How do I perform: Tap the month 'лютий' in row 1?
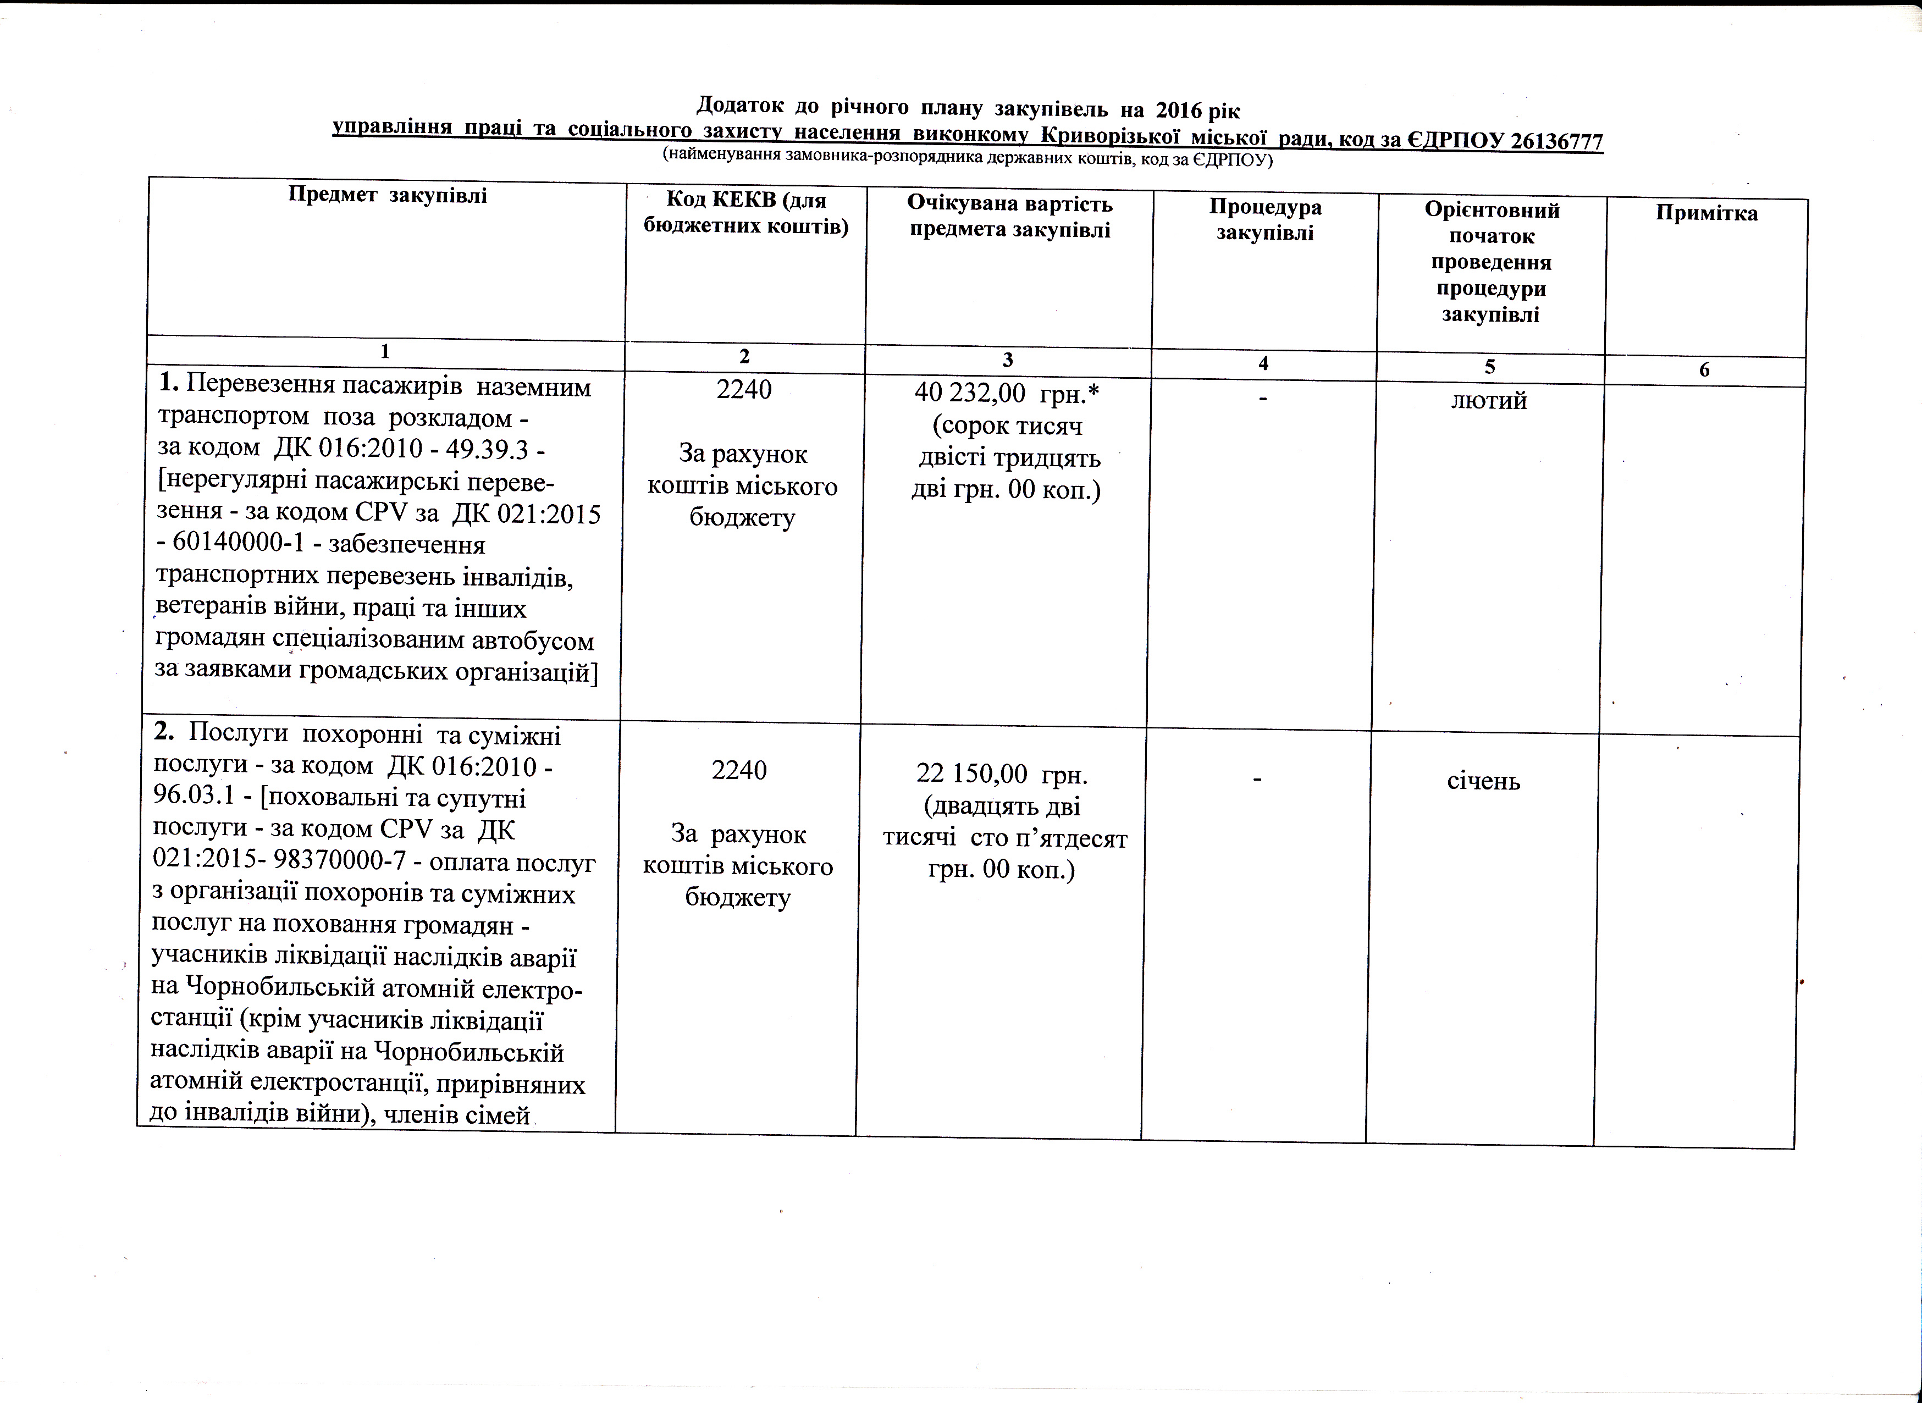1489,401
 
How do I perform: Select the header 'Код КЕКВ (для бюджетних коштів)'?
745,212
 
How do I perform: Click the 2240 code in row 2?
739,770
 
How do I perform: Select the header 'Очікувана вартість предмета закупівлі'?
1009,217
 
